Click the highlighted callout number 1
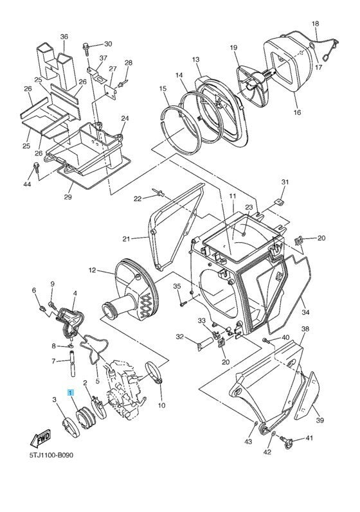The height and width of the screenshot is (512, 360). pyautogui.click(x=71, y=391)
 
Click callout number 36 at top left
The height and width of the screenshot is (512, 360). pyautogui.click(x=64, y=37)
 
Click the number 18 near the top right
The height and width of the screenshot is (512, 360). pyautogui.click(x=315, y=24)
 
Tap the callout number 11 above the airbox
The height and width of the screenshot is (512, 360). pyautogui.click(x=232, y=195)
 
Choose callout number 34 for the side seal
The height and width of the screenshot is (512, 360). pyautogui.click(x=305, y=313)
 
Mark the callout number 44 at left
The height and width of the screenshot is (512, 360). pyautogui.click(x=28, y=184)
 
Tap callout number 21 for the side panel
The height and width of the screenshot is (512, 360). pyautogui.click(x=127, y=238)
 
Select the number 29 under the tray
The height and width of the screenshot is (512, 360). pyautogui.click(x=67, y=197)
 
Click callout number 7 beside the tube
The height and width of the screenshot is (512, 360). pyautogui.click(x=53, y=361)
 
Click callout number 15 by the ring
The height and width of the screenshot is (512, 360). pyautogui.click(x=163, y=88)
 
